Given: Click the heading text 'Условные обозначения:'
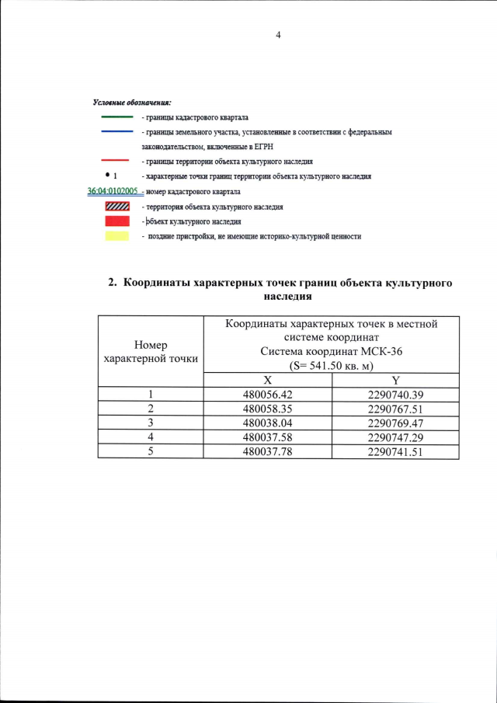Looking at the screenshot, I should (132, 103).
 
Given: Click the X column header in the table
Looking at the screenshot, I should (267, 380).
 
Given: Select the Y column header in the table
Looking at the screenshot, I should (395, 380).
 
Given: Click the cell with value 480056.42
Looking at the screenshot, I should (267, 395).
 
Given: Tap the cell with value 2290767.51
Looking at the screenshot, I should (395, 409).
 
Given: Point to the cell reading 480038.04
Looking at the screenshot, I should (267, 423).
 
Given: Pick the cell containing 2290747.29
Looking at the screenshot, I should (395, 437).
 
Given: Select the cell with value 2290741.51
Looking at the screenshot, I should (395, 451).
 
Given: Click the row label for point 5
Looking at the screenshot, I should (151, 451).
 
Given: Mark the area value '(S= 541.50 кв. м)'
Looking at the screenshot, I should (331, 364).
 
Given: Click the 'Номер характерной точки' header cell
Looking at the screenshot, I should (151, 351).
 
